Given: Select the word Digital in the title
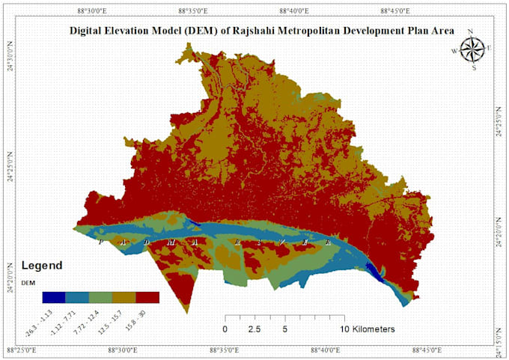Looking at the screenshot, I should [87, 31].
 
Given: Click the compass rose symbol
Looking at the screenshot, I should [472, 49].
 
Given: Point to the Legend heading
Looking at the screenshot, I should [42, 266].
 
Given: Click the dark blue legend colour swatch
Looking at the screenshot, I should [53, 297].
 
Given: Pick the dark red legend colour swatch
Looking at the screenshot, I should [148, 297].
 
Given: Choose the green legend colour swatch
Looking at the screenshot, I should [101, 297].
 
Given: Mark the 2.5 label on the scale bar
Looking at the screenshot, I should [254, 329].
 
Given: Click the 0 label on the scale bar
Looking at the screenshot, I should [225, 329].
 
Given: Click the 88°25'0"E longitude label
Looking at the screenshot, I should [25, 350].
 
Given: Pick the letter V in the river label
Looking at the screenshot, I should [283, 241].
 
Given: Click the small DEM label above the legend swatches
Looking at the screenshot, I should [27, 282].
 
